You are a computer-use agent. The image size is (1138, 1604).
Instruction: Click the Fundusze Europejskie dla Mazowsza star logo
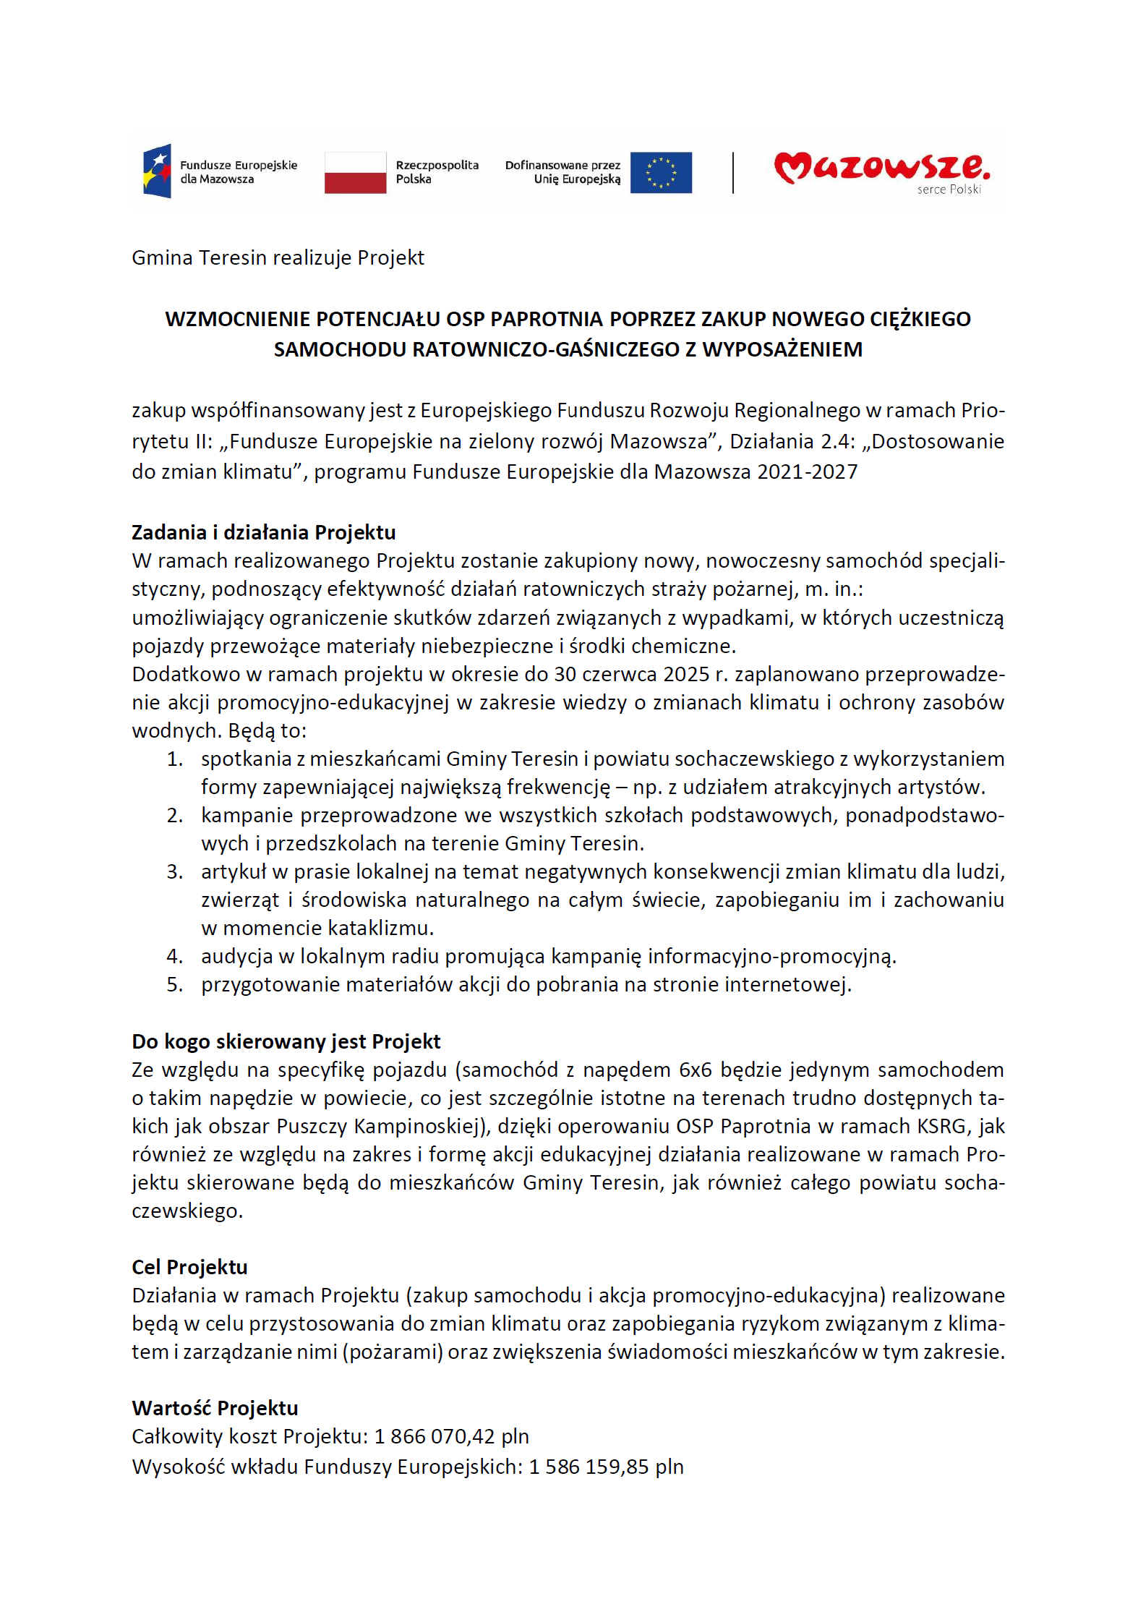pyautogui.click(x=157, y=171)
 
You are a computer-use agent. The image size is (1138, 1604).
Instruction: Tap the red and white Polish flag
pyautogui.click(x=355, y=172)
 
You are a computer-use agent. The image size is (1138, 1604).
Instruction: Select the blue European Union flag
pyautogui.click(x=660, y=172)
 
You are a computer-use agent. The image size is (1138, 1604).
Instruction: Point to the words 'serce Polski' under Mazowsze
pyautogui.click(x=949, y=189)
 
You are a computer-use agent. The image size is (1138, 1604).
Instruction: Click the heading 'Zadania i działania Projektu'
pyautogui.click(x=263, y=532)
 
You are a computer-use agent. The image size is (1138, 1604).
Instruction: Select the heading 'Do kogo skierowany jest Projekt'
pyautogui.click(x=286, y=1041)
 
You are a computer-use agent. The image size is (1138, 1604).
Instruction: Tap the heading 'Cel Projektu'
pyautogui.click(x=189, y=1267)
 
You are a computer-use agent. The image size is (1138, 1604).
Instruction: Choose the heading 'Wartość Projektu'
pyautogui.click(x=215, y=1408)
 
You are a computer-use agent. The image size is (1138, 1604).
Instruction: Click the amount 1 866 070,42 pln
pyautogui.click(x=451, y=1436)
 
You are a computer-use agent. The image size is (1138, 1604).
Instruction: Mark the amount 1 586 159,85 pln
pyautogui.click(x=606, y=1467)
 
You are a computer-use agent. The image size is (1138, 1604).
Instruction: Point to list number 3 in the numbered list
pyautogui.click(x=174, y=872)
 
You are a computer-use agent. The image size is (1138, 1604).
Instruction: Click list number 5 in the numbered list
pyautogui.click(x=174, y=985)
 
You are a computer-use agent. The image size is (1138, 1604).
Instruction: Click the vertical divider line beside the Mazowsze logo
pyautogui.click(x=733, y=172)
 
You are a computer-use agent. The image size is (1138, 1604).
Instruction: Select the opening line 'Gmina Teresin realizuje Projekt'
pyautogui.click(x=278, y=257)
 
